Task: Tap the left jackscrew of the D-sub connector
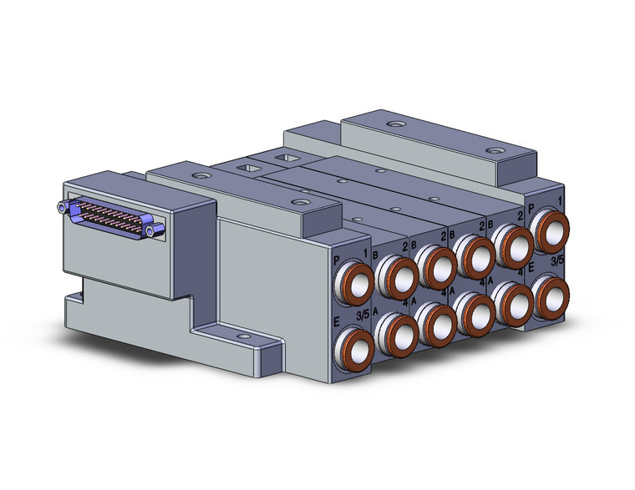pos(63,206)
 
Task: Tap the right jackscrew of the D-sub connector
pos(151,229)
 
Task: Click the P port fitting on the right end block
pos(550,230)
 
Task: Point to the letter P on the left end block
pos(336,260)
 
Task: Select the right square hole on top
pos(289,158)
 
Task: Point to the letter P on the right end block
pos(532,208)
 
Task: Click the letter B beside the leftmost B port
pos(375,257)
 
